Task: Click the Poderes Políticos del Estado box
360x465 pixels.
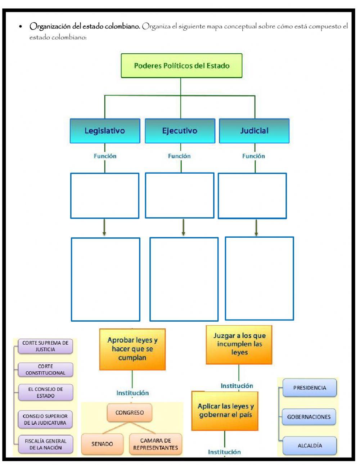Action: (x=181, y=66)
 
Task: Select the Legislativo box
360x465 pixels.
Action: (x=105, y=131)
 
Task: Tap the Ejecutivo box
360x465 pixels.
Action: (x=180, y=131)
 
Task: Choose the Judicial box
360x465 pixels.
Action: (x=254, y=131)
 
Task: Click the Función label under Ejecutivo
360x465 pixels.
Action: (x=179, y=156)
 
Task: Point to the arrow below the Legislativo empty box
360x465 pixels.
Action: (x=104, y=227)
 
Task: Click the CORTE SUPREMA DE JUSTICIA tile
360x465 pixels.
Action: (x=45, y=346)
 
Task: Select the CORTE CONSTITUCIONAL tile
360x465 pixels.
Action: (x=45, y=370)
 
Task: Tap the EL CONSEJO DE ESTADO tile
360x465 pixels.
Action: (x=45, y=392)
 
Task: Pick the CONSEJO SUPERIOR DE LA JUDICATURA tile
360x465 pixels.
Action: (x=45, y=419)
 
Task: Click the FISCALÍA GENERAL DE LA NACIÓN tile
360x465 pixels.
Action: (x=45, y=444)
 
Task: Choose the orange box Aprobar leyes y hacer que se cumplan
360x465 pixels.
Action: (x=132, y=349)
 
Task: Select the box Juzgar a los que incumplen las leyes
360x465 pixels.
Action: (x=239, y=344)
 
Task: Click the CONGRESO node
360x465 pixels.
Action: (x=130, y=413)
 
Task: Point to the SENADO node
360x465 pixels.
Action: (x=102, y=444)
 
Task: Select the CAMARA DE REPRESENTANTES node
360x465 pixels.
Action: (x=156, y=444)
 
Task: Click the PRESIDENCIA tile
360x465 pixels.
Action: (x=310, y=388)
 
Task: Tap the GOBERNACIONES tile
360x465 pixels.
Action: (x=309, y=417)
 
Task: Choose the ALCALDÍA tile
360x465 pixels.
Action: (x=310, y=446)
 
